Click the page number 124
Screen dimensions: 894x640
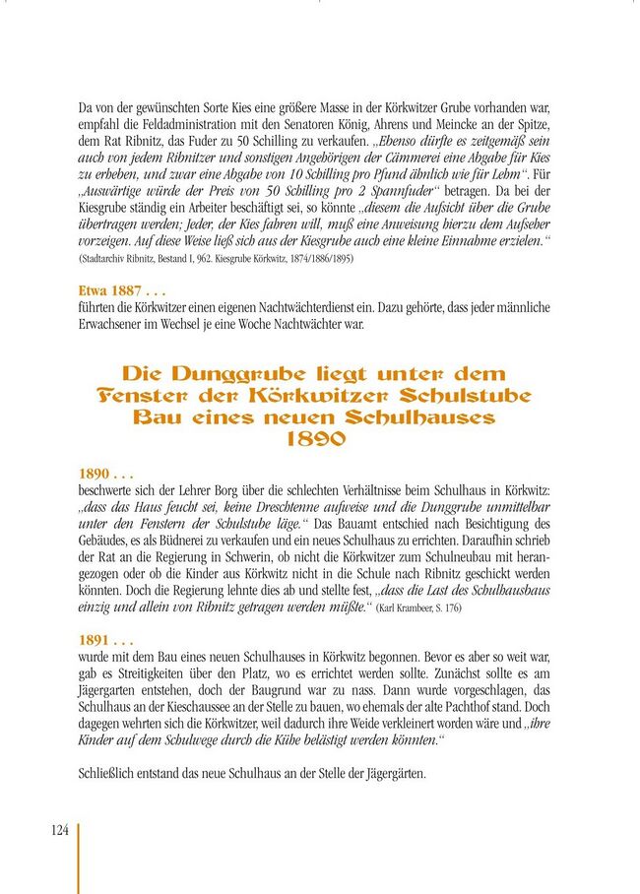pos(59,830)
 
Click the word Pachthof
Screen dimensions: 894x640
pos(486,707)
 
